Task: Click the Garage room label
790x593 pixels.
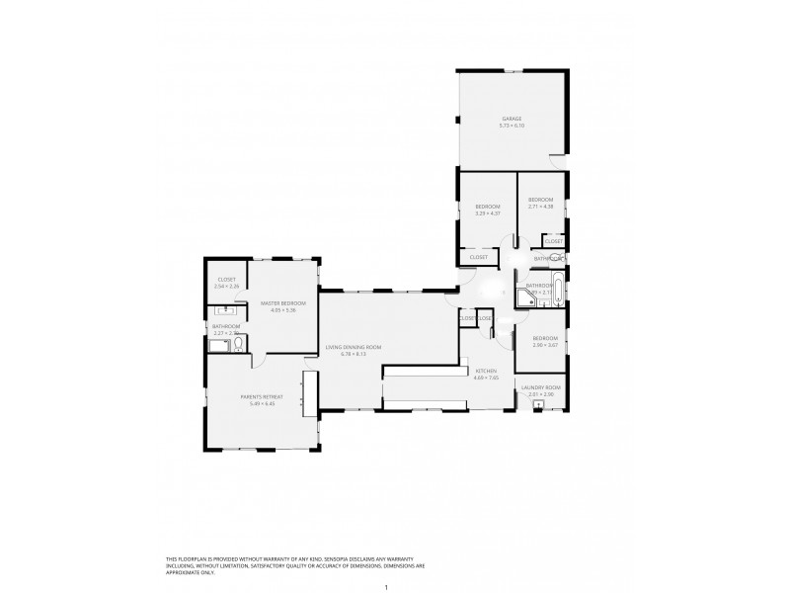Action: (510, 119)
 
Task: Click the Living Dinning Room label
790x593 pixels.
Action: (354, 347)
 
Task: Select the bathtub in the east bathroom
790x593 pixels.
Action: (559, 293)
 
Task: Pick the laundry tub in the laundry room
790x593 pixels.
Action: (538, 404)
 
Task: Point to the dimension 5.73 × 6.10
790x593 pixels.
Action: (511, 126)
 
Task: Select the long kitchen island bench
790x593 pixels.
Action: (425, 371)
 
